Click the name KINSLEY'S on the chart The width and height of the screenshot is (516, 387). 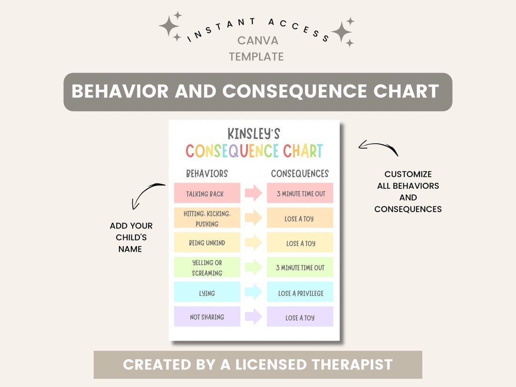(254, 133)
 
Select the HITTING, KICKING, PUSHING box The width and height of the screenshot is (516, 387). (207, 218)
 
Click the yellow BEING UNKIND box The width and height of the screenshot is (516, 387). (207, 243)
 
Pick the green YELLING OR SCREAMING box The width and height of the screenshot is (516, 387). (207, 267)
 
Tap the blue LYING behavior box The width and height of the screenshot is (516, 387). (207, 292)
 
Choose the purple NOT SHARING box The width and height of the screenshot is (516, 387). (207, 317)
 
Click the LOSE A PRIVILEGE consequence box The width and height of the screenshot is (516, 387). (300, 292)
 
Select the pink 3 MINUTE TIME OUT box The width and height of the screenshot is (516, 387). (300, 193)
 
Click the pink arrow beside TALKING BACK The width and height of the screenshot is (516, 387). (253, 193)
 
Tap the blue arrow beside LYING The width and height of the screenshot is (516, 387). (253, 292)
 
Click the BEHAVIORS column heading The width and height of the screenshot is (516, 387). (206, 173)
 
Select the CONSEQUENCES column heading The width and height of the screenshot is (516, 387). (300, 173)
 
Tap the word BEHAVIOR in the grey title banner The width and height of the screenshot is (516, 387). (120, 91)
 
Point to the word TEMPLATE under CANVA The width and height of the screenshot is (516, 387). (256, 57)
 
